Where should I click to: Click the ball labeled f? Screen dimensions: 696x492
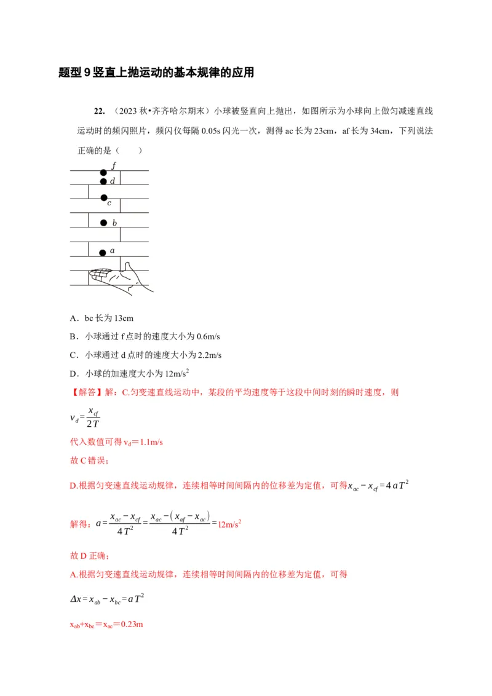click(x=103, y=172)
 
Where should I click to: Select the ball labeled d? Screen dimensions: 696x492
click(x=103, y=181)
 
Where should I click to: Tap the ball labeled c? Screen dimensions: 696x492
click(x=103, y=197)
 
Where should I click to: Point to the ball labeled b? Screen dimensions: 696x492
click(x=103, y=223)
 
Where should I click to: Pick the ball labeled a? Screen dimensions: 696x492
click(x=103, y=251)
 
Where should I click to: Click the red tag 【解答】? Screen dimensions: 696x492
click(x=87, y=392)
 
